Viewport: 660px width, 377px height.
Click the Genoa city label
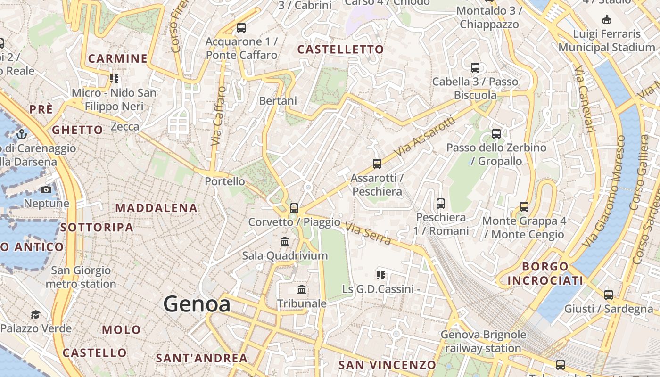tap(197, 304)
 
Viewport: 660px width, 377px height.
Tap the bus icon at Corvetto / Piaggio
tap(294, 208)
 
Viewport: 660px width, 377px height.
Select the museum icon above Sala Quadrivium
tap(285, 242)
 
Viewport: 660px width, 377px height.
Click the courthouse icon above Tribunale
tap(302, 289)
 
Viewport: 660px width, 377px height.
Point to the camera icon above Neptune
tap(46, 190)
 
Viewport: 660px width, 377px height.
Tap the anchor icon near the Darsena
tap(22, 135)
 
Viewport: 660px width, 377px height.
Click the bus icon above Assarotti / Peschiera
tap(377, 164)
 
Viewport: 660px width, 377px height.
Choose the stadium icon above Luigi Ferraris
tap(607, 20)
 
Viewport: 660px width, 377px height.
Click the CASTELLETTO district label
tap(340, 49)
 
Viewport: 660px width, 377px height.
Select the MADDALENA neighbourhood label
tap(157, 208)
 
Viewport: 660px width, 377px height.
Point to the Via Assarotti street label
tap(426, 137)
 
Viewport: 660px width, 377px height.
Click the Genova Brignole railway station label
tap(483, 342)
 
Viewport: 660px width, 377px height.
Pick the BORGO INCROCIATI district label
tap(545, 273)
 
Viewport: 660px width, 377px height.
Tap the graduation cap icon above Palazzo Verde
tap(35, 314)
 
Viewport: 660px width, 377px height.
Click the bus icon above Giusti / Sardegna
tap(609, 295)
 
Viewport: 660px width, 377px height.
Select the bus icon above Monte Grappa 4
tap(524, 206)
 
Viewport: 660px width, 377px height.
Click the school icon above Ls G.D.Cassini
tap(380, 275)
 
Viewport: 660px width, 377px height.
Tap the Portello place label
tap(225, 181)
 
